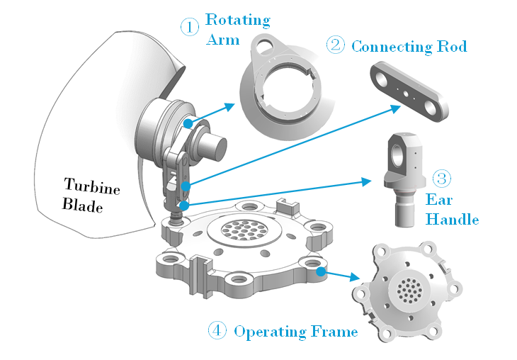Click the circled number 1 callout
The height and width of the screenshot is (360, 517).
(x=189, y=28)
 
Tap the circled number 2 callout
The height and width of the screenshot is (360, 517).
(x=335, y=45)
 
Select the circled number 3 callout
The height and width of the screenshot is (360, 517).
(x=441, y=178)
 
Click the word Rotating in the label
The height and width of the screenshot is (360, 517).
(x=237, y=19)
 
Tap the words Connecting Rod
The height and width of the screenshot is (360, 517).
(x=409, y=47)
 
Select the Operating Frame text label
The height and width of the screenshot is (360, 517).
(x=295, y=331)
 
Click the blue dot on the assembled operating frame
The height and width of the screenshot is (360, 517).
(x=320, y=270)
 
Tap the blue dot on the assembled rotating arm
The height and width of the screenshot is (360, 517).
(x=188, y=123)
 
